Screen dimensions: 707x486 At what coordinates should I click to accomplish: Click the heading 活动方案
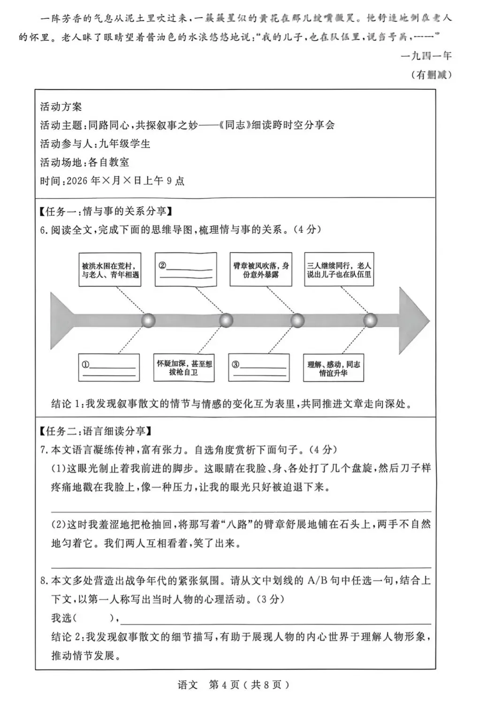(61, 107)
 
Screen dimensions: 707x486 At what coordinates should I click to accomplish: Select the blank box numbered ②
(186, 269)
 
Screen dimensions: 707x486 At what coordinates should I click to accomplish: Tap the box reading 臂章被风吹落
(261, 269)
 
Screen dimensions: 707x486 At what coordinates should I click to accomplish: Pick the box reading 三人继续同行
(339, 269)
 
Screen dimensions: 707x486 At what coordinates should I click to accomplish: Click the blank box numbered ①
(109, 368)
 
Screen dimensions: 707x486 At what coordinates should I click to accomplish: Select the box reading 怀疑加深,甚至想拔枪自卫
(184, 368)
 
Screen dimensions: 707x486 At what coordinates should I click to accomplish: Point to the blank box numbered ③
(259, 368)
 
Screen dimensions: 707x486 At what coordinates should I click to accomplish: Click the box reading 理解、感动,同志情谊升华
(334, 368)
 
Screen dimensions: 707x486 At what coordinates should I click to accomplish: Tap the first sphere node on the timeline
(148, 321)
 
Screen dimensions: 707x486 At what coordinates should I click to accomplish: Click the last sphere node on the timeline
(370, 321)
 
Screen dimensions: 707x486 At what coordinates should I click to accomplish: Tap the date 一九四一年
(426, 56)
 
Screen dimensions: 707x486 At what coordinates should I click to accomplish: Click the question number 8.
(44, 581)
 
